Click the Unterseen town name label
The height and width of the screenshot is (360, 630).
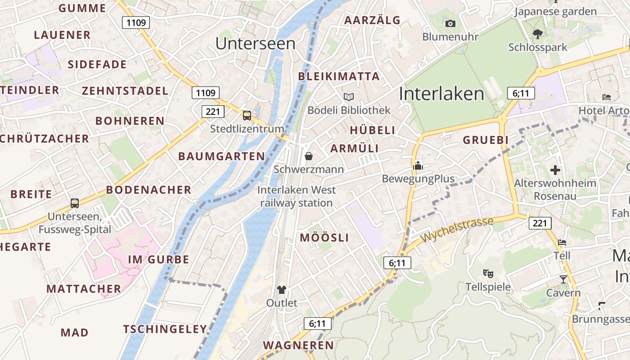coord(255,44)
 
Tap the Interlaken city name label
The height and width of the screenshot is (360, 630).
coord(441,94)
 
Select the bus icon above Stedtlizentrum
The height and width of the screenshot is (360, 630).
coord(247,116)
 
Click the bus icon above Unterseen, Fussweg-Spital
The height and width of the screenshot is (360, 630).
coord(75,203)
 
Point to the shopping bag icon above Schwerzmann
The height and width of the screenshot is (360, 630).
coord(309,156)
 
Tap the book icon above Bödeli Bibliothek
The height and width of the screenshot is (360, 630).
coord(349,97)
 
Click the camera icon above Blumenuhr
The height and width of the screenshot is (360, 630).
coord(450,23)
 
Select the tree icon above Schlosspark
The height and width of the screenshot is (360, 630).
coord(537,34)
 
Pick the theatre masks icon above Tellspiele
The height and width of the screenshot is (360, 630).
coord(487,273)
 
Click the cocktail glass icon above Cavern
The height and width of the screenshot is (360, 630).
coord(563,279)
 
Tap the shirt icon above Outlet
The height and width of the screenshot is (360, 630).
coord(282,289)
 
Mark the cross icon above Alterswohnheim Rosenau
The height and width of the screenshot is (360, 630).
coord(555,170)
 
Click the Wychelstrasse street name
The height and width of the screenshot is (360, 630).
coord(457,229)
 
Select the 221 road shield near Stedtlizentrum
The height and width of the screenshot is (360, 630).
coord(213,111)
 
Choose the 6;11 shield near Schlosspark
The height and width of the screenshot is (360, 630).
coord(521,93)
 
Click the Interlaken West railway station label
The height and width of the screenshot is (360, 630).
coord(297,196)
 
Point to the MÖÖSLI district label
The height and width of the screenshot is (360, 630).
coord(324,238)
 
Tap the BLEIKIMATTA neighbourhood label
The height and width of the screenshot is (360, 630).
coord(339,76)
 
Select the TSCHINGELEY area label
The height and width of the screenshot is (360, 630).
coord(165,329)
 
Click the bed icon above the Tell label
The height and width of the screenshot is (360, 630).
coord(562,243)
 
